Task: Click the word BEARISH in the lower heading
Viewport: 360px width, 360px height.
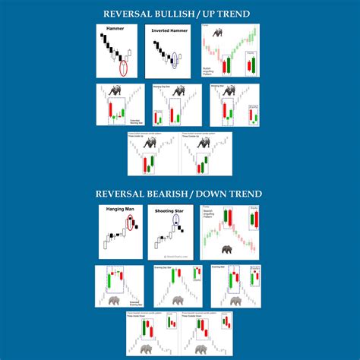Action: [178, 194]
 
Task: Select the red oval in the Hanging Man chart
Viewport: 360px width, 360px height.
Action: [130, 223]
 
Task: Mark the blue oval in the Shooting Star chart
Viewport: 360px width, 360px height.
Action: [178, 222]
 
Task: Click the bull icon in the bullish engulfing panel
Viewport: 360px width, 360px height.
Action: [216, 33]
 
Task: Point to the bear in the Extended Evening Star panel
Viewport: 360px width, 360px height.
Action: [114, 299]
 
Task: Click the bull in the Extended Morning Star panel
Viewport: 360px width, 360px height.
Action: [116, 90]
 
